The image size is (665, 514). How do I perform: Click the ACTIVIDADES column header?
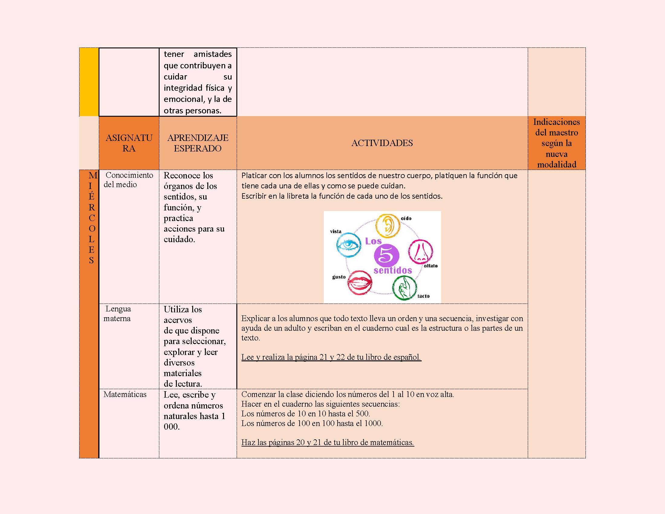click(x=382, y=143)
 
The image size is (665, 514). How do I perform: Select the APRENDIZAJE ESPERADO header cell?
click(x=198, y=143)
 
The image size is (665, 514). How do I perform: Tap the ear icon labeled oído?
click(x=387, y=226)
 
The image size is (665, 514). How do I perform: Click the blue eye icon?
click(x=349, y=246)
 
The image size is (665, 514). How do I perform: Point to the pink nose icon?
click(x=420, y=252)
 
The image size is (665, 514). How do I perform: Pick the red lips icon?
click(x=360, y=283)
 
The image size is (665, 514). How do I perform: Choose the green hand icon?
click(x=404, y=288)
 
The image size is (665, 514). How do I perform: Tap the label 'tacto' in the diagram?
click(x=423, y=296)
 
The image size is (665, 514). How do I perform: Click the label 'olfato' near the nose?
click(x=430, y=266)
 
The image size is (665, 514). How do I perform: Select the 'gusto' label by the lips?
click(x=339, y=277)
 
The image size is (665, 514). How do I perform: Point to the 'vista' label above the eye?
click(x=336, y=231)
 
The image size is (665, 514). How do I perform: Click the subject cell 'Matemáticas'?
click(x=125, y=394)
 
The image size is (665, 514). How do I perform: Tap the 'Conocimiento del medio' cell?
click(x=128, y=180)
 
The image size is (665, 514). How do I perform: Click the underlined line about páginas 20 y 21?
click(x=328, y=442)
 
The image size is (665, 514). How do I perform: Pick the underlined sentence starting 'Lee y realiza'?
click(x=331, y=357)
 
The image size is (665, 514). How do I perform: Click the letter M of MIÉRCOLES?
click(x=92, y=175)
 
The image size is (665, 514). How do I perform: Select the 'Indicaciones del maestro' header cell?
click(x=556, y=143)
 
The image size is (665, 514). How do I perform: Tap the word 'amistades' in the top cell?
click(x=212, y=54)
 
